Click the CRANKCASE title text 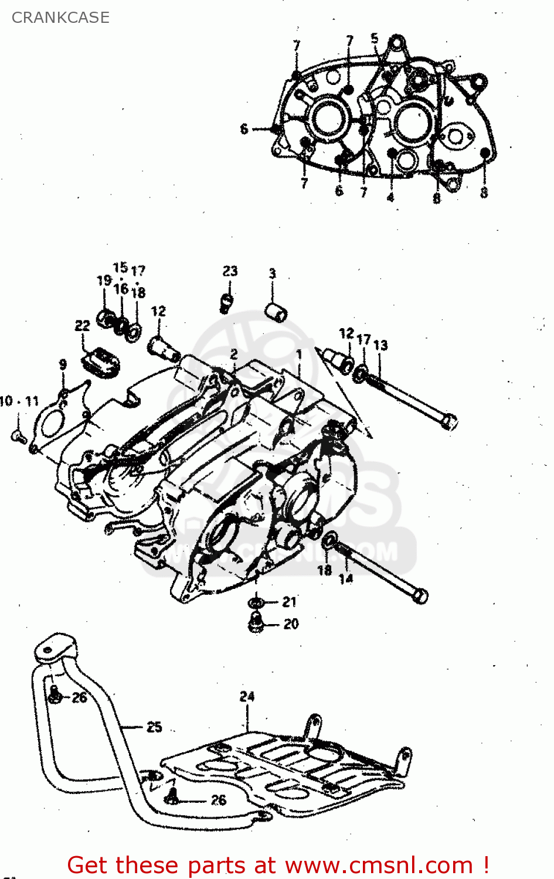pyautogui.click(x=60, y=18)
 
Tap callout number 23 pyautogui.click(x=230, y=271)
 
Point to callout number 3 pyautogui.click(x=273, y=274)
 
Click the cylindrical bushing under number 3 pyautogui.click(x=276, y=312)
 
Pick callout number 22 pyautogui.click(x=83, y=326)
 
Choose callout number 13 pyautogui.click(x=380, y=345)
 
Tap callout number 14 pyautogui.click(x=346, y=579)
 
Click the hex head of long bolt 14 pyautogui.click(x=420, y=596)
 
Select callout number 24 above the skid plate pyautogui.click(x=247, y=696)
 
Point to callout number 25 pyautogui.click(x=154, y=727)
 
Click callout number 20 pyautogui.click(x=291, y=624)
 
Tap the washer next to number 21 pyautogui.click(x=255, y=602)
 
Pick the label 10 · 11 pyautogui.click(x=19, y=401)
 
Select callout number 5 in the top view pyautogui.click(x=375, y=39)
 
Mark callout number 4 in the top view pyautogui.click(x=390, y=197)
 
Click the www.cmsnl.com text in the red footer pyautogui.click(x=379, y=865)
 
